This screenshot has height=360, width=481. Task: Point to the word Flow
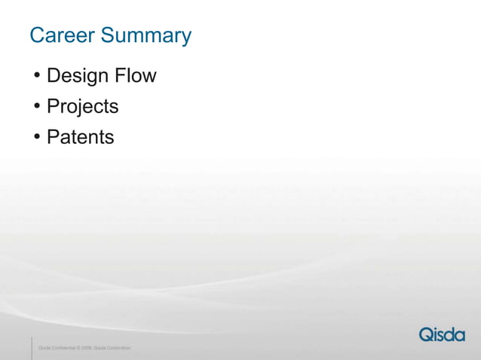coord(136,76)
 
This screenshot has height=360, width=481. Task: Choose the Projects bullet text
coord(82,107)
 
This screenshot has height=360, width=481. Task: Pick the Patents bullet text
coord(80,137)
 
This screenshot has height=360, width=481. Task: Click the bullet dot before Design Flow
coord(37,77)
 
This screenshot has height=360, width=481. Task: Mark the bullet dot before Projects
coord(37,107)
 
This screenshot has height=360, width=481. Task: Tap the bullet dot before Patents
coord(37,138)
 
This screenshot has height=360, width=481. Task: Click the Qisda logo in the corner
coord(442,334)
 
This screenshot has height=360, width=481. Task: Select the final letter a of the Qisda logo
coord(459,336)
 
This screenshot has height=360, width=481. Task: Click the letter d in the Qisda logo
coord(449,334)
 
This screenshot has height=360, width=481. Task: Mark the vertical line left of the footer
coord(32,347)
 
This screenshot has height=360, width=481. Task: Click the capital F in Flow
coord(120,76)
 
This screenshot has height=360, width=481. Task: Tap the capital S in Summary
coord(108,35)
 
